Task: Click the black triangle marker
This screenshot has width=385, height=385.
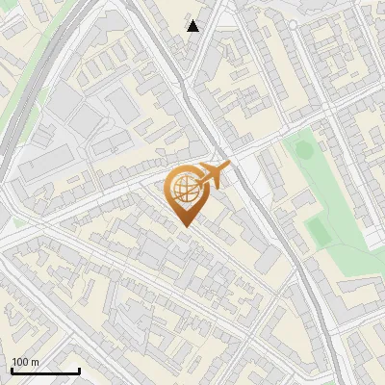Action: pyautogui.click(x=193, y=26)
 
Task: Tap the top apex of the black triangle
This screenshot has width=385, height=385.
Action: pyautogui.click(x=193, y=20)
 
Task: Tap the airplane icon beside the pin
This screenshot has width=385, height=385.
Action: pyautogui.click(x=214, y=175)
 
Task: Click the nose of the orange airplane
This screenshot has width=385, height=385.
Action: pyautogui.click(x=230, y=167)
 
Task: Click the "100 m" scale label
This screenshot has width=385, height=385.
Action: pyautogui.click(x=25, y=361)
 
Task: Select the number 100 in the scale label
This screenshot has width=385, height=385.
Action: pyautogui.click(x=20, y=361)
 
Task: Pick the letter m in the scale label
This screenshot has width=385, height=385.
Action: pyautogui.click(x=35, y=362)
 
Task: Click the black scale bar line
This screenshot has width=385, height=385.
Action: pyautogui.click(x=45, y=371)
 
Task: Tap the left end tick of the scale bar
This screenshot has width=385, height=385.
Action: pyautogui.click(x=12, y=369)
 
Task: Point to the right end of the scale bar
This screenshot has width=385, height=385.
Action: pyautogui.click(x=79, y=369)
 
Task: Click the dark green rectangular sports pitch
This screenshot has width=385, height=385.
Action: pyautogui.click(x=317, y=228)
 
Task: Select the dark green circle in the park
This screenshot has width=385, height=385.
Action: pyautogui.click(x=304, y=149)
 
